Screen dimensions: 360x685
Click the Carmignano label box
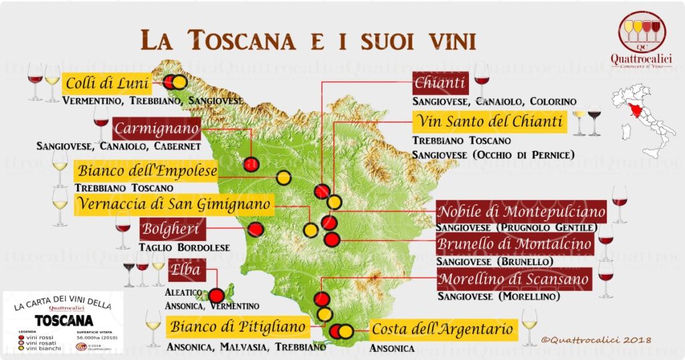pos(157,128)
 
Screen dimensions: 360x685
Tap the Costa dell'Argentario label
pos(442,329)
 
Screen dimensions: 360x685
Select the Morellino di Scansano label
pos(514,278)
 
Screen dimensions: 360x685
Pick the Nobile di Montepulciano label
pos(521,212)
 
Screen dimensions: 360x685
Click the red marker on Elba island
pos(216,296)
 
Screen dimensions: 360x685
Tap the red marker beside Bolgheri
pos(255,230)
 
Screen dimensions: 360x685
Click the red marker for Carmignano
pos(251,164)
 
